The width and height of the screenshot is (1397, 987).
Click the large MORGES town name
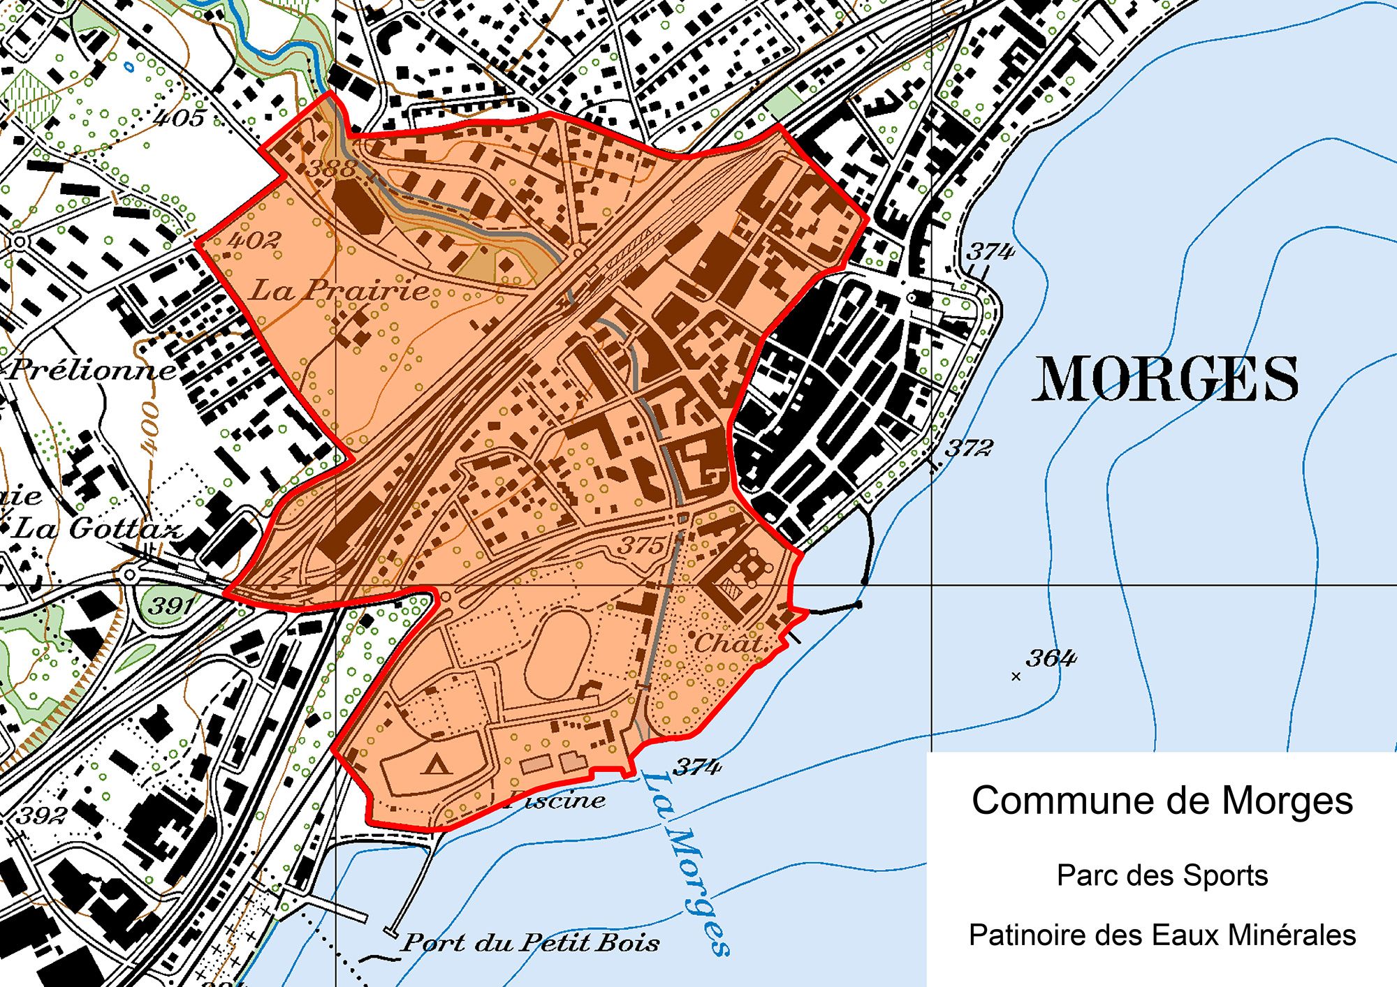(1165, 379)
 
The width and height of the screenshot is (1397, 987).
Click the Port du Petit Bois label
(530, 943)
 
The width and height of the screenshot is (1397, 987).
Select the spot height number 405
(180, 117)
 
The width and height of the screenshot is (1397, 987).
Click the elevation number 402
(254, 240)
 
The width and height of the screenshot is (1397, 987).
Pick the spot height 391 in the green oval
(170, 604)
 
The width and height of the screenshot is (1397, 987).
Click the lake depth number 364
(1051, 658)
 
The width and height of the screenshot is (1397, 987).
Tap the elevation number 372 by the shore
(968, 447)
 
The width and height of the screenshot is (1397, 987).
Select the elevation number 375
(641, 544)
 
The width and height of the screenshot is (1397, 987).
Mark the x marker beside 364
(1016, 676)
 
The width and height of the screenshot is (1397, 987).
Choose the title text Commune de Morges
(1162, 801)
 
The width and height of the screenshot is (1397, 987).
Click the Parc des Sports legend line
(1162, 875)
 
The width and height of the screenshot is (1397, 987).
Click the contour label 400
(149, 426)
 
